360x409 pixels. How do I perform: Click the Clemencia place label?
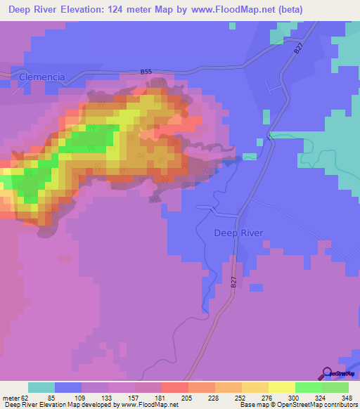point(43,76)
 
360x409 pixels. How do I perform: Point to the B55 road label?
point(146,72)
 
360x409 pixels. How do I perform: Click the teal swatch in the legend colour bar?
point(41,387)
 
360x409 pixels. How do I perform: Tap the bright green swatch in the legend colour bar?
point(308,387)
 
